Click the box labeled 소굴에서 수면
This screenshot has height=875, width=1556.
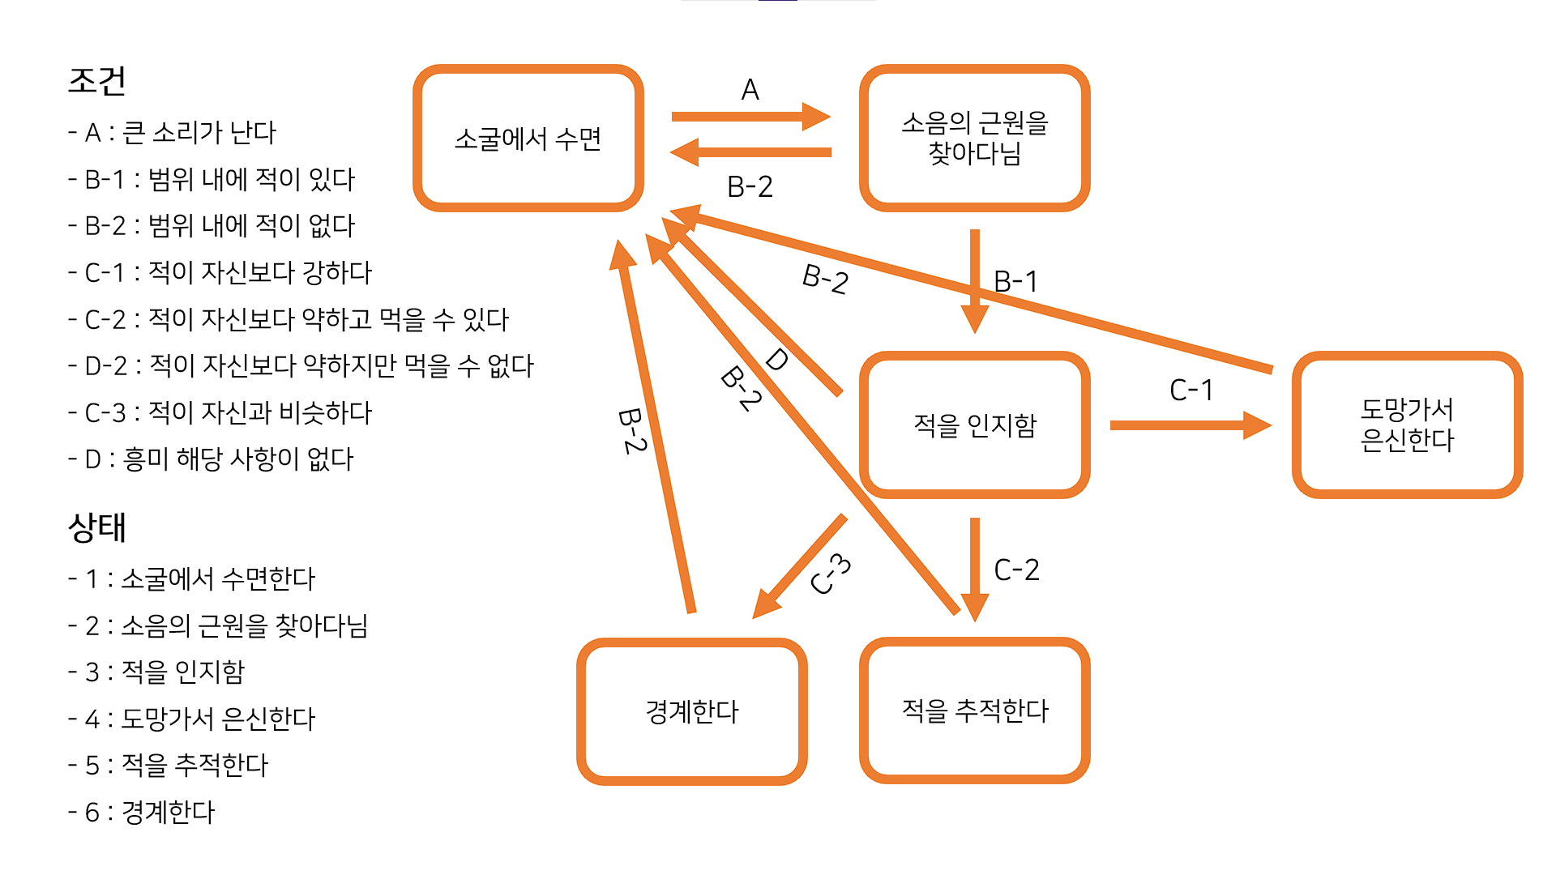[528, 139]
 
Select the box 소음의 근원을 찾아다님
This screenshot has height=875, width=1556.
[974, 139]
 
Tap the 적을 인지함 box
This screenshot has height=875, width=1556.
[974, 425]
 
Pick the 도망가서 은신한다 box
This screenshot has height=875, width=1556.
[1407, 425]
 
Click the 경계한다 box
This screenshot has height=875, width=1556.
[691, 711]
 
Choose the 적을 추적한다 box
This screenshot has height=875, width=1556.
[974, 711]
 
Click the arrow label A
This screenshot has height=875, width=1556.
[750, 89]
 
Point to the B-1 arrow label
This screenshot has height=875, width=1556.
[1015, 281]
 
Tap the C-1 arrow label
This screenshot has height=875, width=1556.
[1191, 391]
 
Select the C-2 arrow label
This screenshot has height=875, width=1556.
[1016, 570]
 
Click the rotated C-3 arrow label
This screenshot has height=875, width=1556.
[831, 574]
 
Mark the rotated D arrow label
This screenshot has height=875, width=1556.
[776, 359]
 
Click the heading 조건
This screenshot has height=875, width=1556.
[97, 80]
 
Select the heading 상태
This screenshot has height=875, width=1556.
[97, 527]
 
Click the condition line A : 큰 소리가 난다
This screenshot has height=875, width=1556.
[173, 132]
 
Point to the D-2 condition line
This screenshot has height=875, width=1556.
[301, 365]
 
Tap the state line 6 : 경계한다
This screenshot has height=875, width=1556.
[142, 812]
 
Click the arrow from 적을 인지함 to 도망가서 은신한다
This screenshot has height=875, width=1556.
[1189, 425]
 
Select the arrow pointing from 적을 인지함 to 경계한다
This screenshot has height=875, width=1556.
[798, 567]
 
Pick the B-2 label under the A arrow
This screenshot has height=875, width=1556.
[750, 186]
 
